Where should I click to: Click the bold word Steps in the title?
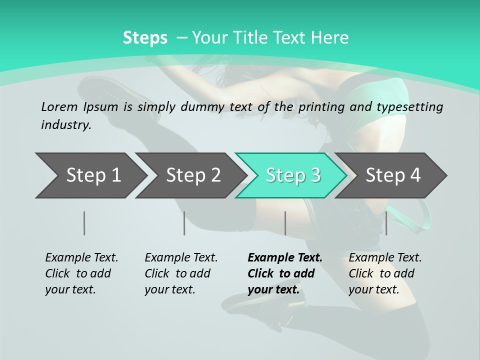(x=145, y=38)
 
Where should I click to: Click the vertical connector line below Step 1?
(x=84, y=223)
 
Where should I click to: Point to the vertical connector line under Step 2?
(x=184, y=223)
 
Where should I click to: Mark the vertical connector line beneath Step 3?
(x=285, y=223)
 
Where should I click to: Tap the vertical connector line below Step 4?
(x=386, y=223)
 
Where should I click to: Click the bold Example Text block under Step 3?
(x=285, y=273)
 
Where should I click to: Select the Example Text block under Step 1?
(x=81, y=273)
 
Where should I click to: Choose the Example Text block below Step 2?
(x=181, y=273)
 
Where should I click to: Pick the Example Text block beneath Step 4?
(x=385, y=273)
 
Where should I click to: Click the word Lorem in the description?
(x=59, y=106)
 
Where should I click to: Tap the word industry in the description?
(x=66, y=124)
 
